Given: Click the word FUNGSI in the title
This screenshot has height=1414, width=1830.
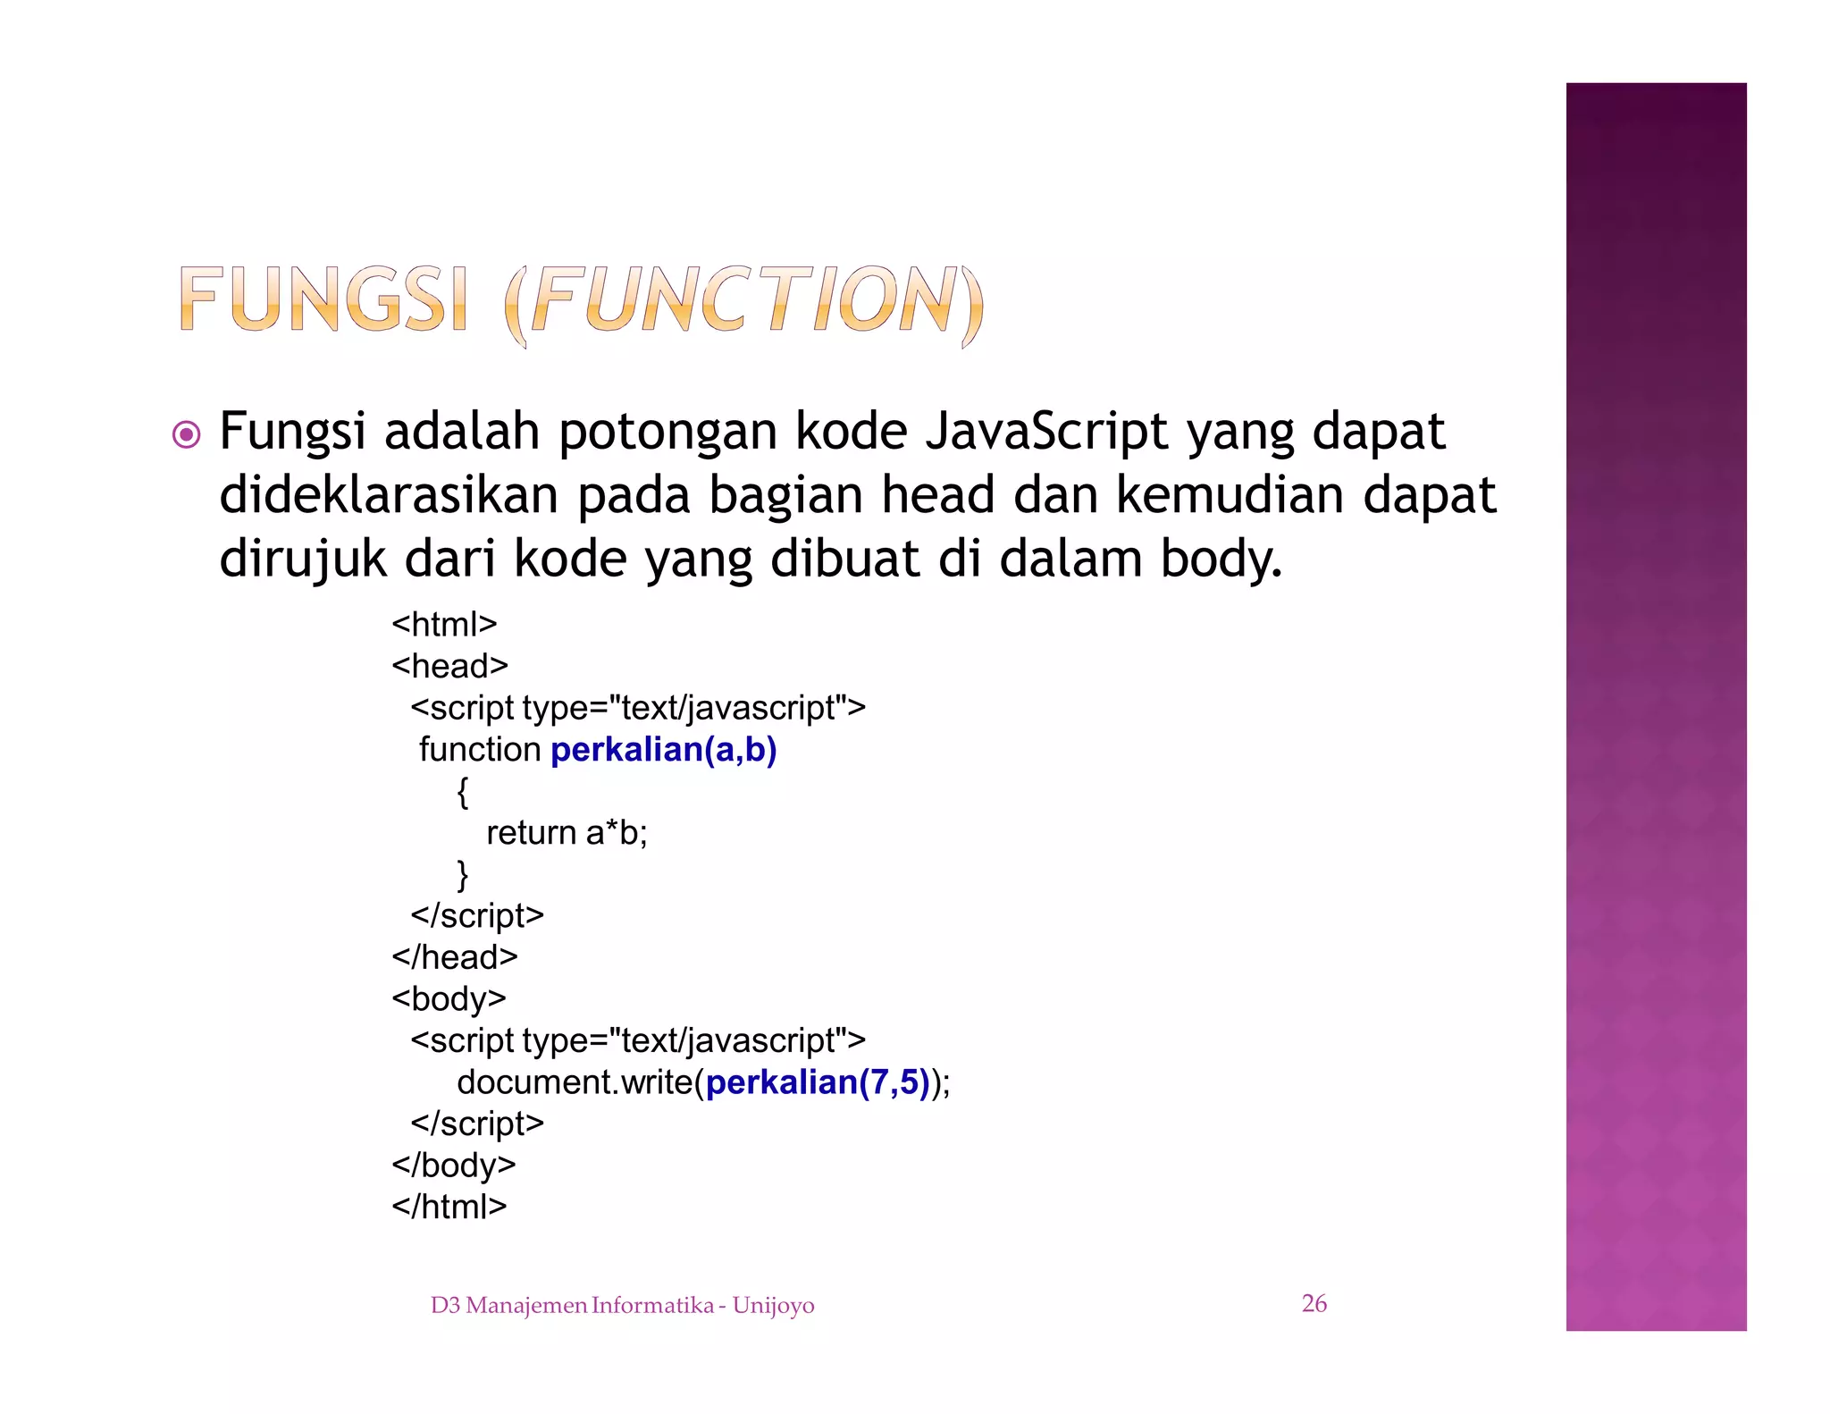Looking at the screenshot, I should point(323,300).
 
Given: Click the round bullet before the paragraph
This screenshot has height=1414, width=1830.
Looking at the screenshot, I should point(186,435).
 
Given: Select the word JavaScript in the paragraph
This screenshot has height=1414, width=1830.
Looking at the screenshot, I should point(1046,432).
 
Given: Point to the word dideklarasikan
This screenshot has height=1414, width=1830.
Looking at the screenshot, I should point(389,495).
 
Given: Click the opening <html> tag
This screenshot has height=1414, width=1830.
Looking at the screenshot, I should point(444,624).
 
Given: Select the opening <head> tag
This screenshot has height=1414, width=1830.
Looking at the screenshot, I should point(449,666).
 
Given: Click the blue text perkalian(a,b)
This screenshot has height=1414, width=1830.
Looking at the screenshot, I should point(663,750).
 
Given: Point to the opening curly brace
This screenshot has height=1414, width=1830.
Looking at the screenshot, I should point(462,792).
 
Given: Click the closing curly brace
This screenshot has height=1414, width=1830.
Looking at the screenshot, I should point(462,874).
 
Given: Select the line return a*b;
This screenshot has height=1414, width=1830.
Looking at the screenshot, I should point(567,833).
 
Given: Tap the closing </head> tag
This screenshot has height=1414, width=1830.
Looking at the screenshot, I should point(454,957).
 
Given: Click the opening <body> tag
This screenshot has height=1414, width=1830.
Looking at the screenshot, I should point(449,998).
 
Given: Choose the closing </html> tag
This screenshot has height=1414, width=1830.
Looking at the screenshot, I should point(449,1207).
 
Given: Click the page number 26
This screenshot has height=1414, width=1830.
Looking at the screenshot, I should point(1314,1304).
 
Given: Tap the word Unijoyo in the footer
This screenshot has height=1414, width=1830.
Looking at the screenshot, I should point(773,1306).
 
